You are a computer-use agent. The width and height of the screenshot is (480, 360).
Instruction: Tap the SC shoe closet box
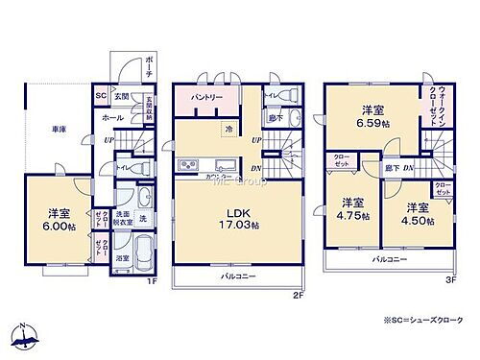pos(100,96)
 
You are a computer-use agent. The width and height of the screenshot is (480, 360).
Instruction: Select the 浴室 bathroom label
pos(122,259)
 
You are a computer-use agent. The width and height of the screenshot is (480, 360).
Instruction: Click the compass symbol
pos(27,336)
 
